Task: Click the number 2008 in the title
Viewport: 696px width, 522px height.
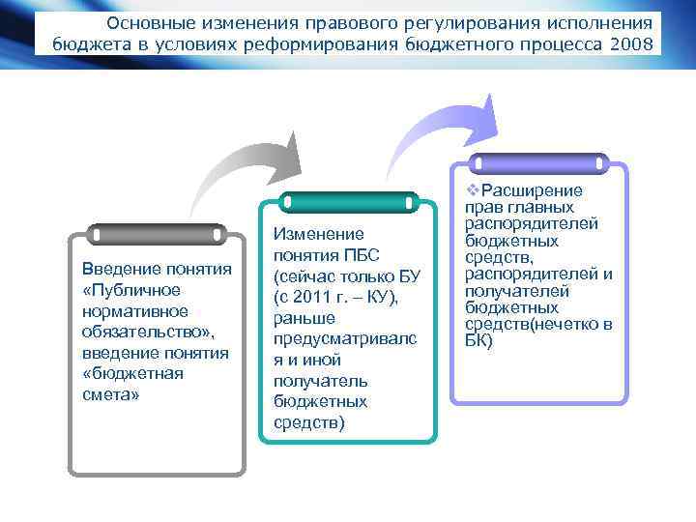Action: pyautogui.click(x=630, y=43)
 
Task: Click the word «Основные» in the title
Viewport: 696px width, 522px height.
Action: pyautogui.click(x=144, y=22)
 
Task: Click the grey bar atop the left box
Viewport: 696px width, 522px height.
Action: pyautogui.click(x=157, y=234)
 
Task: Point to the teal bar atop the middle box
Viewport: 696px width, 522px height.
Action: pyautogui.click(x=348, y=202)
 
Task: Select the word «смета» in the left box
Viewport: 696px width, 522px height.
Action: pyautogui.click(x=111, y=394)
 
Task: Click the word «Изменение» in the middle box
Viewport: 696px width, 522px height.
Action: pyautogui.click(x=318, y=234)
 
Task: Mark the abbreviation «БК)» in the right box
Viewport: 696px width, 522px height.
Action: pyautogui.click(x=478, y=340)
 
